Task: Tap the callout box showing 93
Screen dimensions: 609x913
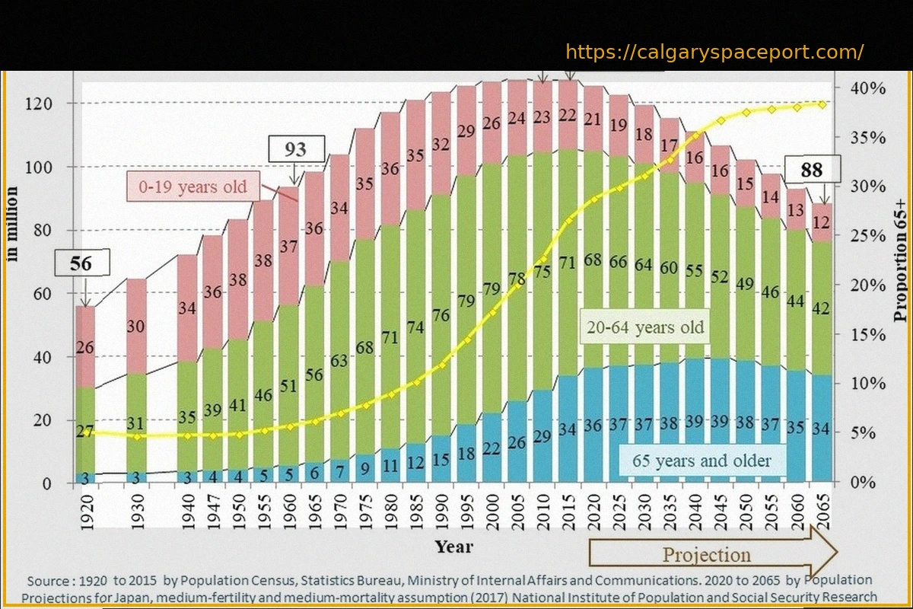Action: tap(295, 149)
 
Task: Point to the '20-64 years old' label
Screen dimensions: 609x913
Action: tap(645, 328)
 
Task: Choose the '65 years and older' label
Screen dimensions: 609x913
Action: tap(701, 461)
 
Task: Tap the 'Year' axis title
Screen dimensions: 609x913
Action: tap(453, 547)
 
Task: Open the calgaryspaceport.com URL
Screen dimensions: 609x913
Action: tap(714, 53)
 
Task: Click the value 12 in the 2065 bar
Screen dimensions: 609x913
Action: tap(821, 222)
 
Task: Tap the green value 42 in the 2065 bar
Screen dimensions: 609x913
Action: tap(821, 309)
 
